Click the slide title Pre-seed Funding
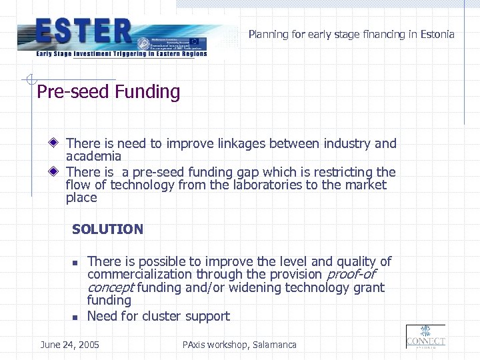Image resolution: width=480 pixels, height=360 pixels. (108, 92)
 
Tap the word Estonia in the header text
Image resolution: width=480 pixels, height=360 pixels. (433, 34)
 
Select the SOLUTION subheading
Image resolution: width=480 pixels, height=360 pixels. (107, 229)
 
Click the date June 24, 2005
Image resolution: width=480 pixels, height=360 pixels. (69, 345)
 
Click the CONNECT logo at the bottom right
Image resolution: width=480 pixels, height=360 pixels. (425, 337)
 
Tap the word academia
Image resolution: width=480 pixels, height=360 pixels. (93, 156)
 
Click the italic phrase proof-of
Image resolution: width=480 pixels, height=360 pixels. (351, 275)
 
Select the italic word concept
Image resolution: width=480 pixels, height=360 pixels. (111, 287)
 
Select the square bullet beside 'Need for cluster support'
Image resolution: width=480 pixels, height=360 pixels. (76, 317)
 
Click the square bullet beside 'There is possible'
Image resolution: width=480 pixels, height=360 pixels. (76, 263)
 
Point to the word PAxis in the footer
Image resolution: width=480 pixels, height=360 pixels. (195, 345)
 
